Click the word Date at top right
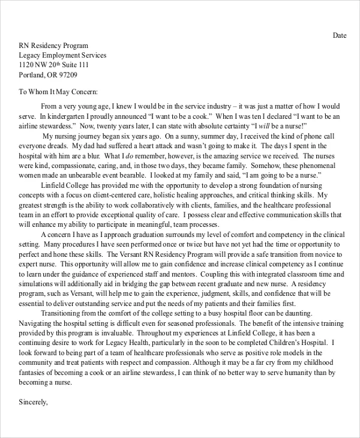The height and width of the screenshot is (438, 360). (340, 35)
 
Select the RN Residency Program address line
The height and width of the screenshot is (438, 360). (53, 46)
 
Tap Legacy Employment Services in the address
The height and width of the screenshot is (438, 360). (62, 55)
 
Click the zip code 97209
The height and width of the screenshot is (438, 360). (66, 75)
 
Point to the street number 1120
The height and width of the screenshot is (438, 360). (28, 65)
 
